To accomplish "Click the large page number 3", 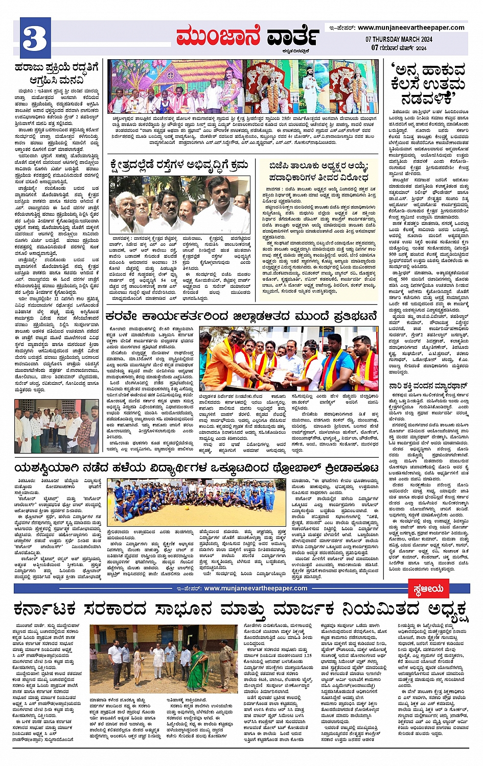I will (x=35, y=38).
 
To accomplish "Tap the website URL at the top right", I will (x=411, y=28).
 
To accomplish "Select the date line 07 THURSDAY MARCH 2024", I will (x=399, y=39).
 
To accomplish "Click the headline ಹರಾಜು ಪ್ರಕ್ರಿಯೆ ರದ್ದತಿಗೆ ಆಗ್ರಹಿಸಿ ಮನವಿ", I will (x=56, y=73).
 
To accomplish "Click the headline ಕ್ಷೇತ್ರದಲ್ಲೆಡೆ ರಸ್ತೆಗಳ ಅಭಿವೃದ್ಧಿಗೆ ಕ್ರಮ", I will (x=180, y=166).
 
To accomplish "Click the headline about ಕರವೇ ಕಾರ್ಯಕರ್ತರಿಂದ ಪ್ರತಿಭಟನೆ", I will (x=241, y=316).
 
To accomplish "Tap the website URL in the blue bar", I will (x=256, y=588).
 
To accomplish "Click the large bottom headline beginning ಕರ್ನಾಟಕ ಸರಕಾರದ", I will (x=241, y=610).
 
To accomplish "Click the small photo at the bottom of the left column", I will (x=56, y=426).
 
